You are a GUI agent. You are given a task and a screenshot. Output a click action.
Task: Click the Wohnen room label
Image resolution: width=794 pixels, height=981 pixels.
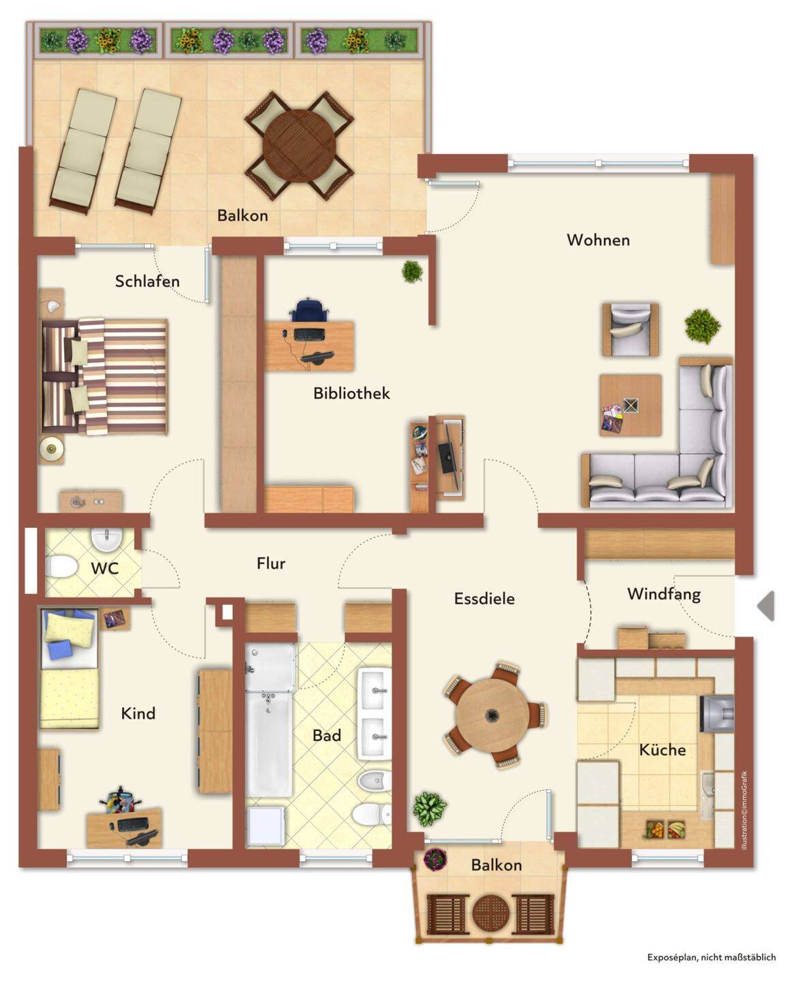tap(598, 240)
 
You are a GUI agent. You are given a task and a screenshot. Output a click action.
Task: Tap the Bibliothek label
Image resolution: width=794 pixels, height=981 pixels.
tap(351, 393)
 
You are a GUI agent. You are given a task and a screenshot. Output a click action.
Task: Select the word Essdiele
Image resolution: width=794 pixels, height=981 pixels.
tap(484, 598)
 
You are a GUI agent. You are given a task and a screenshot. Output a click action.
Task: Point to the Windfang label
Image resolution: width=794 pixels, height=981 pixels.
tap(664, 594)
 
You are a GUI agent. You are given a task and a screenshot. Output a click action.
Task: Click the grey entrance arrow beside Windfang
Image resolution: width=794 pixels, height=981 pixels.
tap(766, 606)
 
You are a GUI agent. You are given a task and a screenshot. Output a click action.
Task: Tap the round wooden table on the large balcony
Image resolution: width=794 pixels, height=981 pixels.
tap(299, 146)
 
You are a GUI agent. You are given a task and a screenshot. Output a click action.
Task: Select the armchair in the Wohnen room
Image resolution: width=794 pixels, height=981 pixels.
tap(630, 329)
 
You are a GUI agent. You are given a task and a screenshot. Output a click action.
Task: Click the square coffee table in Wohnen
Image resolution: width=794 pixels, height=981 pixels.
tap(631, 405)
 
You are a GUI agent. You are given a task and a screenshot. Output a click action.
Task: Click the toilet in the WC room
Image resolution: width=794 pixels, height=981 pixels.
tap(62, 567)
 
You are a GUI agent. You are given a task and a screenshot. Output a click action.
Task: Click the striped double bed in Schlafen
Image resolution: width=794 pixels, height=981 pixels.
tap(104, 376)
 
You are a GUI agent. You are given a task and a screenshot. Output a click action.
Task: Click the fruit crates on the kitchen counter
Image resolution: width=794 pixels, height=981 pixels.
tap(665, 829)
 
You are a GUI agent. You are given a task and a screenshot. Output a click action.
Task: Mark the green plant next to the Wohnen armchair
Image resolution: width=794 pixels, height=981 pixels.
tap(702, 326)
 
